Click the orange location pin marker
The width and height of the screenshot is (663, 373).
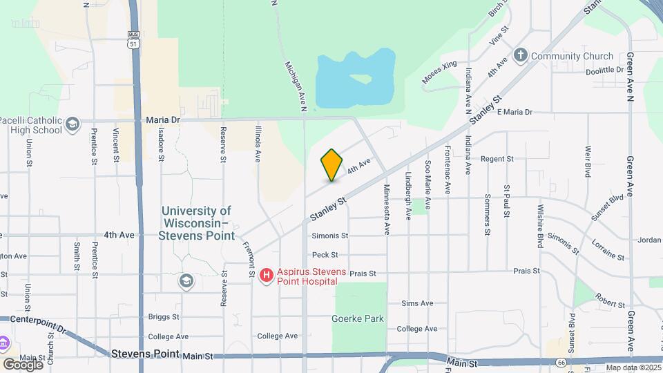[331, 165]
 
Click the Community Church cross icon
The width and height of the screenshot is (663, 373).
[521, 56]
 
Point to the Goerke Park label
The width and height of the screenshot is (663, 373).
[357, 318]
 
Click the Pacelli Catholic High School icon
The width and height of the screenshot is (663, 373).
[72, 125]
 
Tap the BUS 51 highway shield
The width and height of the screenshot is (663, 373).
[133, 39]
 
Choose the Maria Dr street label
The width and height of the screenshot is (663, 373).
[163, 119]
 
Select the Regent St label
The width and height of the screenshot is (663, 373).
[498, 159]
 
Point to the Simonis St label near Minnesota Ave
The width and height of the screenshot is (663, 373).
[329, 236]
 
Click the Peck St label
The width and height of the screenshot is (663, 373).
[325, 255]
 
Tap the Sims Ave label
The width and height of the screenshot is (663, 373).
[417, 303]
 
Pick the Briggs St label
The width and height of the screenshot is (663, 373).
[164, 317]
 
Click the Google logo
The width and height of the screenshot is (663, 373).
[23, 364]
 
